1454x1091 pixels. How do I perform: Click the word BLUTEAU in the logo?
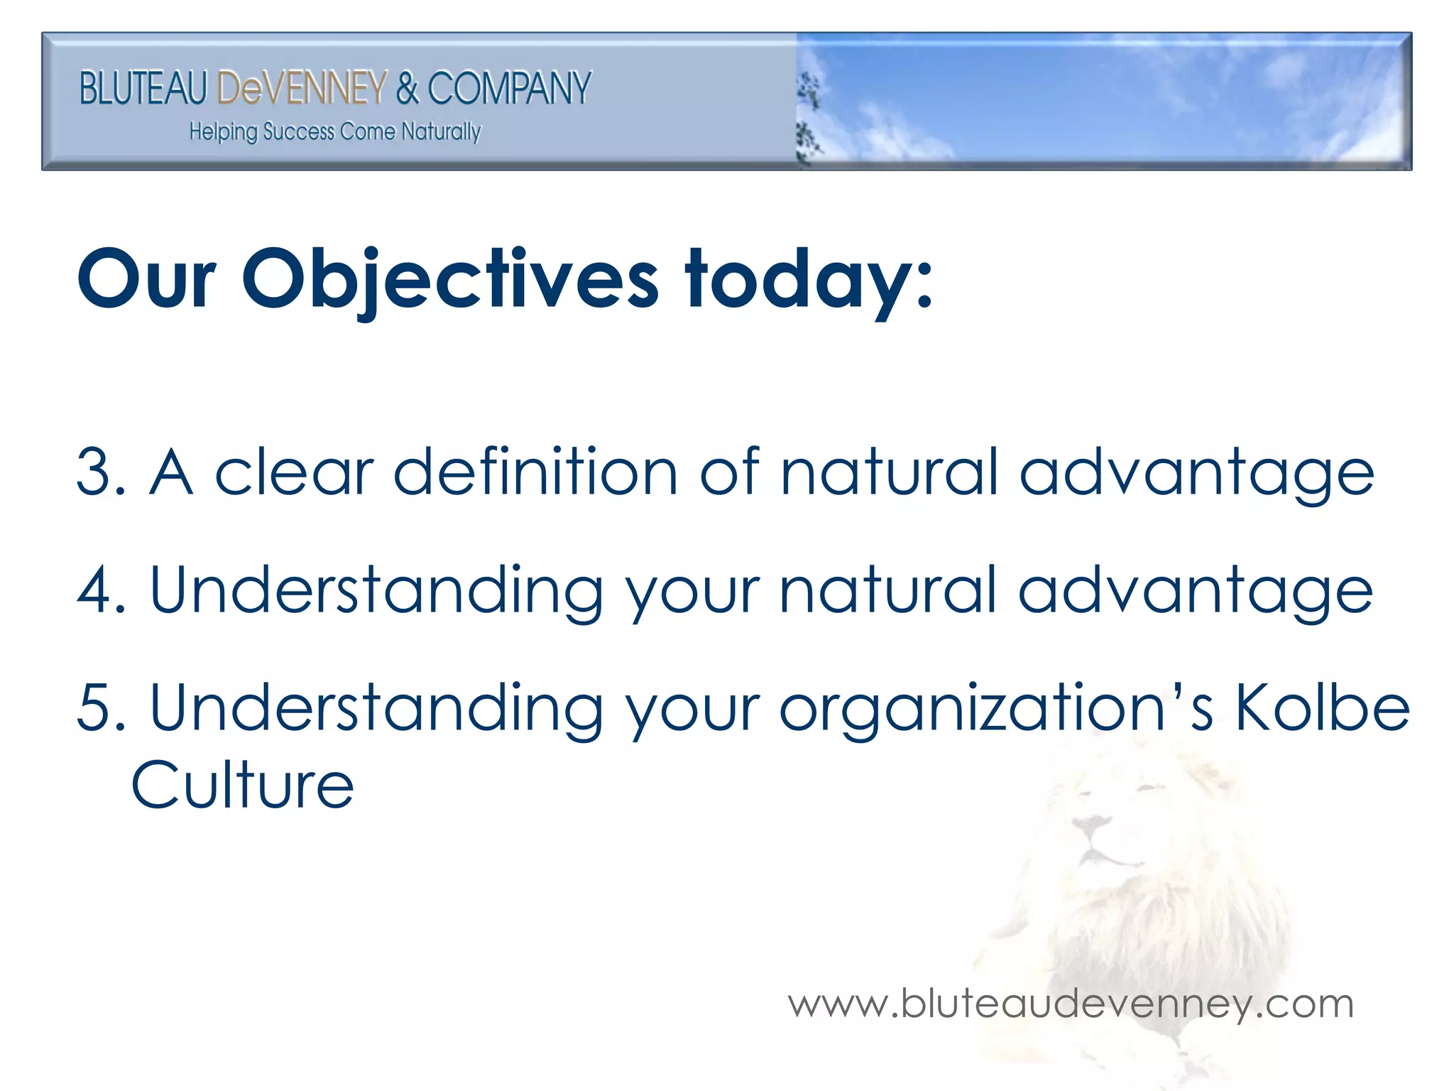tap(143, 88)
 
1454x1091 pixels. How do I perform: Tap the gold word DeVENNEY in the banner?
tap(302, 88)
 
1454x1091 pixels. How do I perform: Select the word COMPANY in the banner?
tap(509, 88)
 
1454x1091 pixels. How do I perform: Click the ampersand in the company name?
tap(407, 88)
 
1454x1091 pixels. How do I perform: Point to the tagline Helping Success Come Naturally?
tap(334, 132)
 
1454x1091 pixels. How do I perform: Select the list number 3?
tap(96, 472)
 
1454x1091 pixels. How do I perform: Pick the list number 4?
tap(96, 590)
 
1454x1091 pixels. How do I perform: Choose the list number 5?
tap(96, 707)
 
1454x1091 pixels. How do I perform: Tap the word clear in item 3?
tap(294, 472)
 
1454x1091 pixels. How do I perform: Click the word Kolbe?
tap(1322, 707)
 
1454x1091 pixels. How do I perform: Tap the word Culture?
tap(243, 785)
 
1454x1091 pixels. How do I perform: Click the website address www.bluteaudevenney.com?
tap(1071, 1004)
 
